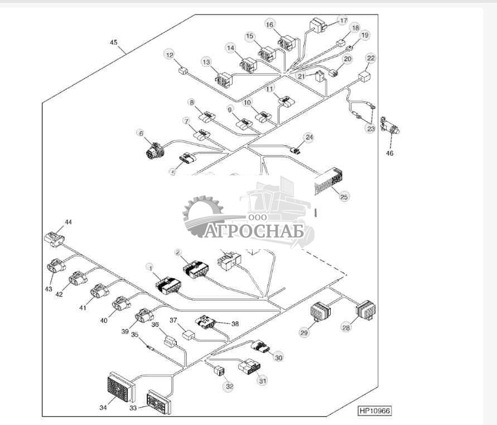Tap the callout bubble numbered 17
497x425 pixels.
[342, 20]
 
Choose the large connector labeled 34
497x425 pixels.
[120, 388]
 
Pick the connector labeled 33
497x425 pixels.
[159, 401]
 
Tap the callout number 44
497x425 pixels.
[68, 222]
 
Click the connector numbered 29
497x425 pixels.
[320, 311]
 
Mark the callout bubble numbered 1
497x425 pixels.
[149, 268]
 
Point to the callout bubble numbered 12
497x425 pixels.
[169, 54]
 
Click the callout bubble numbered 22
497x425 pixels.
[370, 58]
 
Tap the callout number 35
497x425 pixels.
[134, 335]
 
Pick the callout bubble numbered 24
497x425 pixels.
[309, 137]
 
